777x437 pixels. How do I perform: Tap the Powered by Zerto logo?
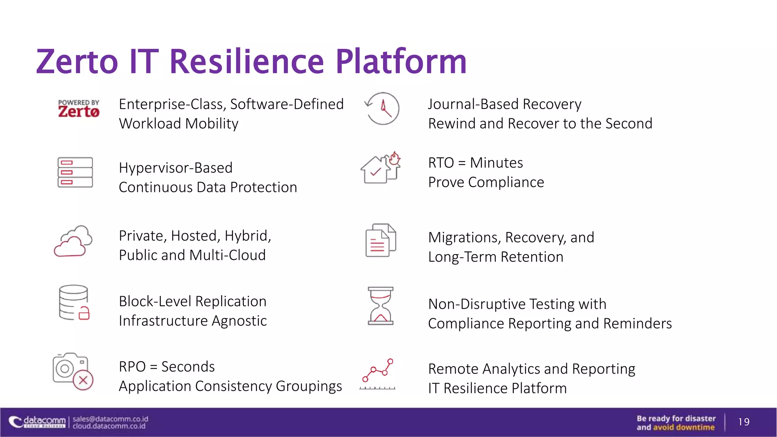tap(79, 109)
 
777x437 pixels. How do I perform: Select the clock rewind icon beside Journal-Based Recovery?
tap(382, 108)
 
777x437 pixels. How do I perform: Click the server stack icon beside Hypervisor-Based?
tap(75, 172)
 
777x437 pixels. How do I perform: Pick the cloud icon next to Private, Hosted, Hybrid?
tap(73, 241)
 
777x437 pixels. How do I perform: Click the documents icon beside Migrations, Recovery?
tap(380, 240)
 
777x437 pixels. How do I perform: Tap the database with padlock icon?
tap(74, 303)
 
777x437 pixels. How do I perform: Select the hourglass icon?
tap(381, 306)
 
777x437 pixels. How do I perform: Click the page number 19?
tap(744, 422)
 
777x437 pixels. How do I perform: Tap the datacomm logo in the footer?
tap(38, 422)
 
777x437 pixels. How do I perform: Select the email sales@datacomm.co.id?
tap(110, 419)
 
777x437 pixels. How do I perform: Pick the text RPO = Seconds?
tap(167, 367)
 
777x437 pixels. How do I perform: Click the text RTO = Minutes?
tap(475, 163)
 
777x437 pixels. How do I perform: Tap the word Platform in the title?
tap(401, 61)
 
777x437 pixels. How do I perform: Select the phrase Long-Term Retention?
tap(495, 257)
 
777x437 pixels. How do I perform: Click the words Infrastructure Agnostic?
tap(193, 321)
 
